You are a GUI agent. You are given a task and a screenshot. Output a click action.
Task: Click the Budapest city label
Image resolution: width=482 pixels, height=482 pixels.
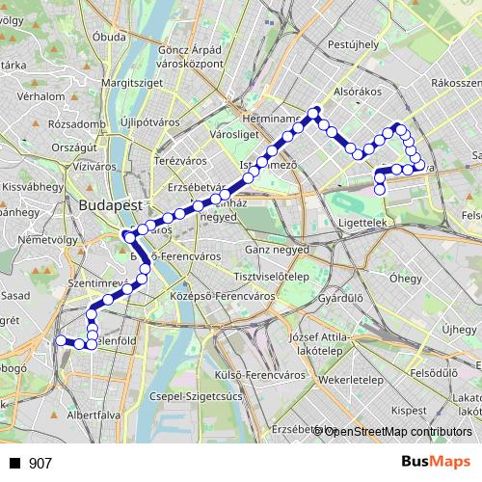click(111, 206)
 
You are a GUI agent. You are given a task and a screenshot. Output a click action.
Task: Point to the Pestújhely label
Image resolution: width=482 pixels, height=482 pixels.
click(353, 44)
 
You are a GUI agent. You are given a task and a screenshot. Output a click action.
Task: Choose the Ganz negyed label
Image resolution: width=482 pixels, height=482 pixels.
click(273, 249)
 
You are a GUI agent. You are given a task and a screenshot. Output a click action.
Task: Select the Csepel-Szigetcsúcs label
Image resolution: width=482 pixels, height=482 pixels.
click(194, 396)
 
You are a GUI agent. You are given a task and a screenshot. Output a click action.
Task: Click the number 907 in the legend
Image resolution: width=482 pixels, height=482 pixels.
click(40, 464)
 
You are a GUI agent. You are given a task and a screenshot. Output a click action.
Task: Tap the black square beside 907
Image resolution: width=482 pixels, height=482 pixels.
click(15, 464)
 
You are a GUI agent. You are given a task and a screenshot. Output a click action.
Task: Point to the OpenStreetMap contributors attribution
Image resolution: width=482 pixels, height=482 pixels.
click(393, 431)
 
